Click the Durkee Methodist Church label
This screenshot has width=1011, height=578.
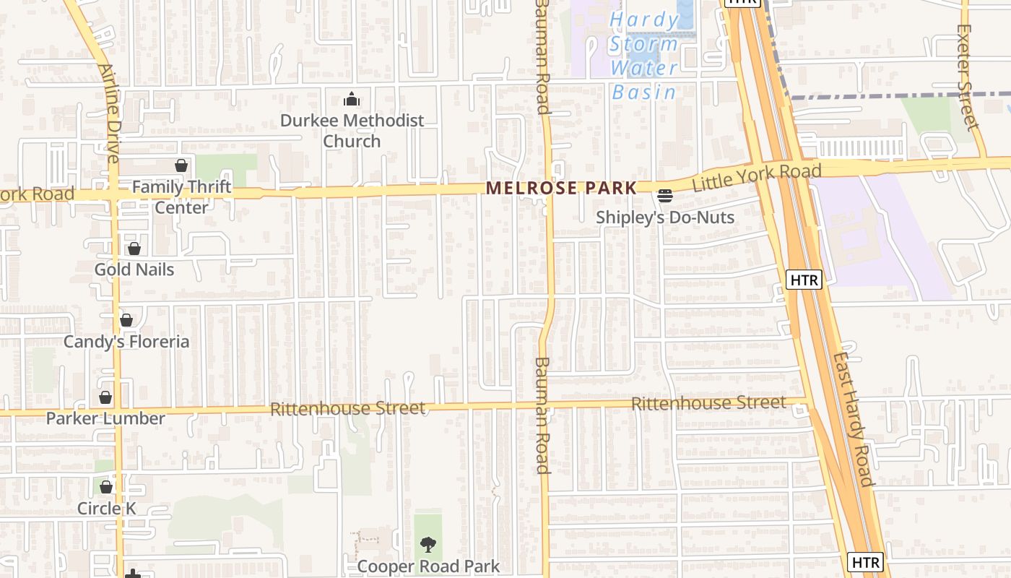coord(352,131)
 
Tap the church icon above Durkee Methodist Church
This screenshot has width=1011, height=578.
coord(352,99)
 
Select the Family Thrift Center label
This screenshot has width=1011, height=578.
coord(181,197)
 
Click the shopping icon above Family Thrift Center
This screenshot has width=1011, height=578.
coord(181,166)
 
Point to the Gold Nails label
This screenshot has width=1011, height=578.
coord(134,269)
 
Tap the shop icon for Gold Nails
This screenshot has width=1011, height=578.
coord(134,249)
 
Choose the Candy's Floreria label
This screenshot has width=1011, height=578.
coord(126,342)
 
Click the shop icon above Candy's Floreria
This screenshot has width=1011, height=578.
coord(126,320)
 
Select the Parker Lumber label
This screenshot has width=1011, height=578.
coord(105,418)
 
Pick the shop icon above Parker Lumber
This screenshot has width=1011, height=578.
coord(105,398)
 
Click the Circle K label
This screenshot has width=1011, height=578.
coord(106,508)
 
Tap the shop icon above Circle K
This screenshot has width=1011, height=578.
coord(106,487)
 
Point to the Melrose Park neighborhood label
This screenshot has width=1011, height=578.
coord(561,189)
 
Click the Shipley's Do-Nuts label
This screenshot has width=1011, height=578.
coord(664,217)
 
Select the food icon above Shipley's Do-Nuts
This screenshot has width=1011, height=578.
coord(664,196)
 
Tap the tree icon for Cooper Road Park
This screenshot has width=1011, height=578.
coord(428,545)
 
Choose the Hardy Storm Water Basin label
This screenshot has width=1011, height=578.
coord(644,56)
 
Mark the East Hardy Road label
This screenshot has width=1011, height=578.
coord(853,419)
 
